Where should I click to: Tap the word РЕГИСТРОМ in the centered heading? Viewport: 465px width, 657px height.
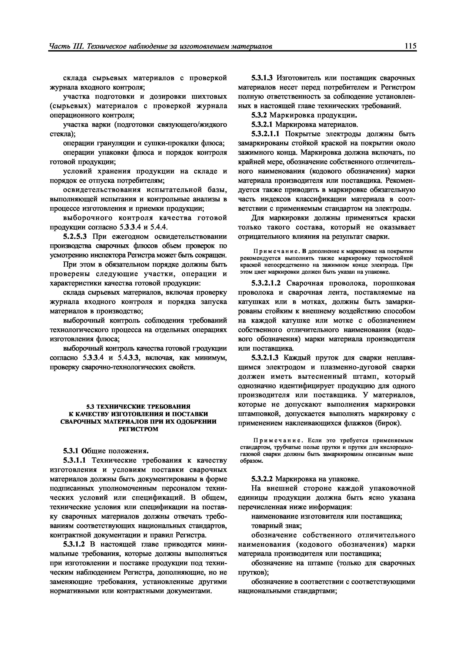coord(138,429)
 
